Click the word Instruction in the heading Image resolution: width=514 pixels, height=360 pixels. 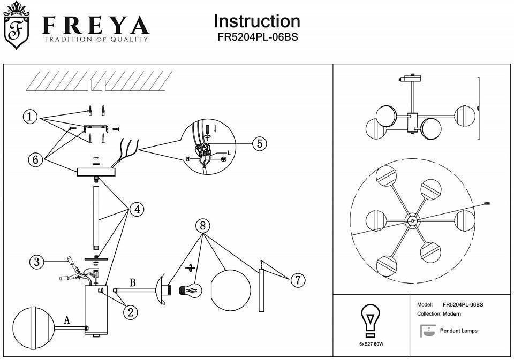pos(256,21)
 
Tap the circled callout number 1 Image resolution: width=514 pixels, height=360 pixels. pos(30,117)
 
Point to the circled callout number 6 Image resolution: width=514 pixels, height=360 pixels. pos(36,159)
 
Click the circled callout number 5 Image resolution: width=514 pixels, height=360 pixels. pos(259,144)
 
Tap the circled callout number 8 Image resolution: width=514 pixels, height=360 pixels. pos(202,226)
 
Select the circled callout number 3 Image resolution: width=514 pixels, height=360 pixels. pos(36,262)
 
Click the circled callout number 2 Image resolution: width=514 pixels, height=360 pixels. pos(130,312)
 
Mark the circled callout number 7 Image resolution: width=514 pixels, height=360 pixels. pos(298,279)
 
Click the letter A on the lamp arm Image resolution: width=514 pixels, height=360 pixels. pos(67,320)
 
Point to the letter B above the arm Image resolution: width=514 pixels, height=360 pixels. pos(132,282)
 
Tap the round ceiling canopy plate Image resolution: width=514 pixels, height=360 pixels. pos(96,172)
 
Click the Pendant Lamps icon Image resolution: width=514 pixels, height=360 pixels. pos(427,331)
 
